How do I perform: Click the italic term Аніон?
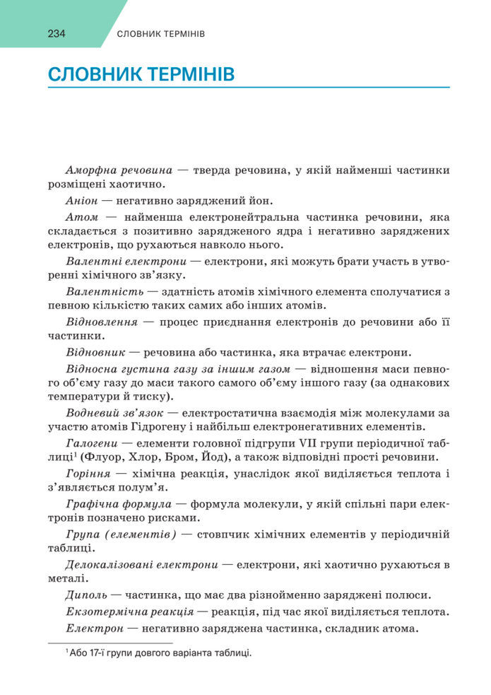pyautogui.click(x=80, y=200)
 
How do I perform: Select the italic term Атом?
pyautogui.click(x=81, y=216)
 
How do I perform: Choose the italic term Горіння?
pyautogui.click(x=87, y=473)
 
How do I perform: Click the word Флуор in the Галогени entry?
pyautogui.click(x=122, y=457)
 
